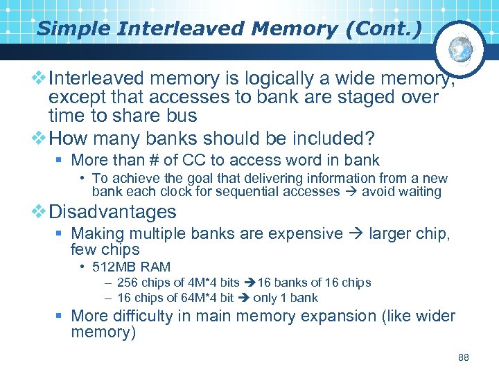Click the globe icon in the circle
[461, 48]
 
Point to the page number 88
[464, 357]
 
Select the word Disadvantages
[112, 211]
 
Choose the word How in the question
[69, 137]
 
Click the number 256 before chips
[127, 283]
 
